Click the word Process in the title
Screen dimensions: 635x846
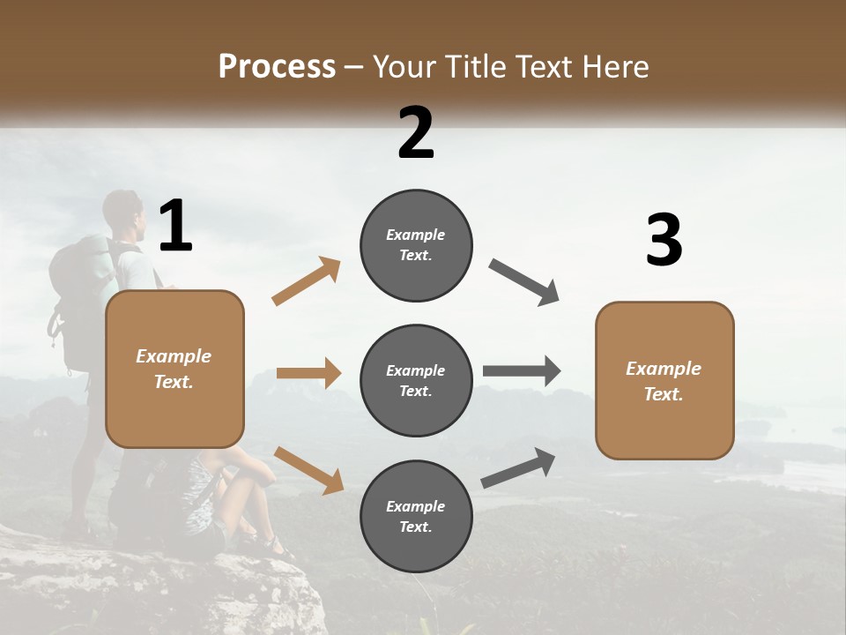pos(277,67)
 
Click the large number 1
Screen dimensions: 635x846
pos(175,227)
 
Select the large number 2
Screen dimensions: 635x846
pos(416,133)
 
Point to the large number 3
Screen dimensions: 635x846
pos(664,240)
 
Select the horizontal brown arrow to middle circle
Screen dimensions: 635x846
pos(308,373)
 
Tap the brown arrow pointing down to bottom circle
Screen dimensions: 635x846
pos(308,469)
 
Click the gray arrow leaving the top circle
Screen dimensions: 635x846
pos(524,282)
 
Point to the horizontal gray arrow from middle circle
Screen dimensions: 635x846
pos(521,370)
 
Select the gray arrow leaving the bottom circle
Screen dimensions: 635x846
pos(518,468)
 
